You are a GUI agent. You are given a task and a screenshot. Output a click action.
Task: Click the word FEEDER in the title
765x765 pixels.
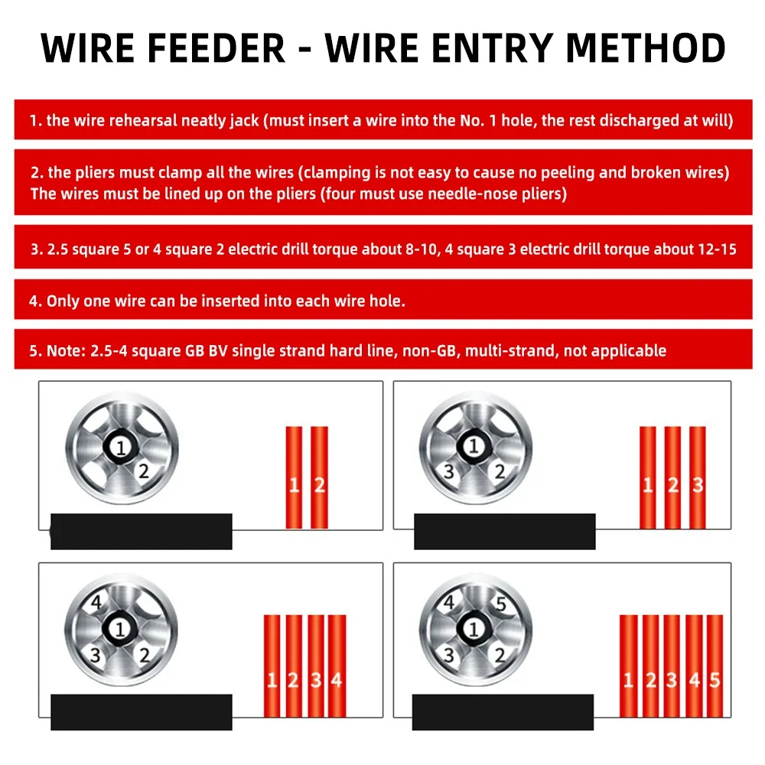(x=216, y=48)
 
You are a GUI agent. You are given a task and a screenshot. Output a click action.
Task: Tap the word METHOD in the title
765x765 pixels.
(x=646, y=48)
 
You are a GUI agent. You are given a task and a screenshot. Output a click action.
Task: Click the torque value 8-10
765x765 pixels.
(x=422, y=249)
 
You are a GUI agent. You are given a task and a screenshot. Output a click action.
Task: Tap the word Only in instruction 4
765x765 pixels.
(x=62, y=301)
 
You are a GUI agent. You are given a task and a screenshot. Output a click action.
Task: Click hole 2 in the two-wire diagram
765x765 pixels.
(x=143, y=470)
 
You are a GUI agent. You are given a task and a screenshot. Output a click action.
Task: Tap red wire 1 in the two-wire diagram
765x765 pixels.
(x=294, y=477)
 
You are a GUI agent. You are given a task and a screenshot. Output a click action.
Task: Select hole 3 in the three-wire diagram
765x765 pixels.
(x=449, y=471)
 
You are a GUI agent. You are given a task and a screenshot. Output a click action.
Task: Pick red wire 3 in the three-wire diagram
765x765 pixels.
(x=697, y=477)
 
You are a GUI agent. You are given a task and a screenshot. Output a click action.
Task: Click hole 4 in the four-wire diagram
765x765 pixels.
(x=96, y=602)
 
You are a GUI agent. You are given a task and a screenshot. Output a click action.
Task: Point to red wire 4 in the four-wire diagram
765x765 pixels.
(x=337, y=666)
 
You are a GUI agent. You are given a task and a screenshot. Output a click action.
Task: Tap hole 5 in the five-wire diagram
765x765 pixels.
(x=500, y=604)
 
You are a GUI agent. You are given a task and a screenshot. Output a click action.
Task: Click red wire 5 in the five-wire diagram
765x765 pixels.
(x=715, y=666)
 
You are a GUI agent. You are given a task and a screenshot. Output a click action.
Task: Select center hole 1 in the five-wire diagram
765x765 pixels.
(x=473, y=629)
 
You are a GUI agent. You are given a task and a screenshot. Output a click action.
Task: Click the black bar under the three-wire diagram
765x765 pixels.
(x=504, y=532)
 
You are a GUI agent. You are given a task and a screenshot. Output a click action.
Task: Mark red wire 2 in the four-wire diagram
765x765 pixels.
(x=294, y=666)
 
